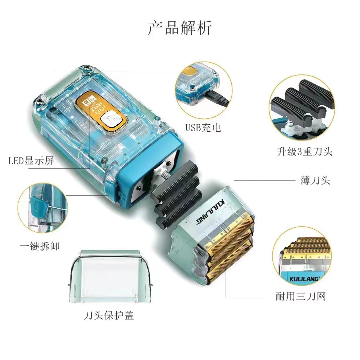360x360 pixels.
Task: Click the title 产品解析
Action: [x=180, y=28]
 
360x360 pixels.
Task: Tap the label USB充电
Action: [x=203, y=127]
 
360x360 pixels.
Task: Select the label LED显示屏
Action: [x=31, y=161]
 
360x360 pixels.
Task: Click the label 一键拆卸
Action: [x=40, y=246]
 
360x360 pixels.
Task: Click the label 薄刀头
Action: [x=315, y=181]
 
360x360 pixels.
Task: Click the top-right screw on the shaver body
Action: [x=88, y=69]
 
